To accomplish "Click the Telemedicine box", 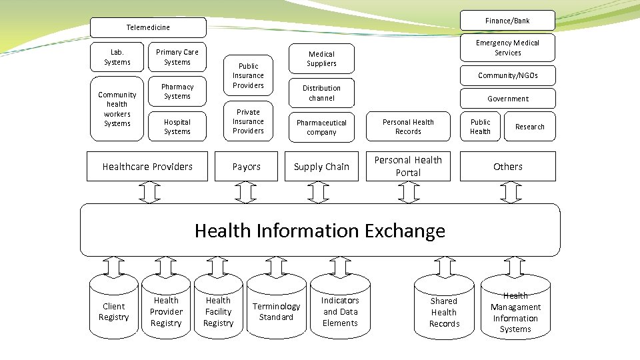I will pyautogui.click(x=148, y=27).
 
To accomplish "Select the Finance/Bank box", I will pyautogui.click(x=507, y=21).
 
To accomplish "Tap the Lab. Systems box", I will pyautogui.click(x=117, y=57).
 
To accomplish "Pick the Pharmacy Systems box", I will pyautogui.click(x=177, y=91).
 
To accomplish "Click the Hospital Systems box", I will pyautogui.click(x=177, y=127).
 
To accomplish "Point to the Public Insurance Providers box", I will pyautogui.click(x=248, y=75).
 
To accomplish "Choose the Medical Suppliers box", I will pyautogui.click(x=321, y=59).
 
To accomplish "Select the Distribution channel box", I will pyautogui.click(x=321, y=93).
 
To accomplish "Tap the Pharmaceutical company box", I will pyautogui.click(x=321, y=127).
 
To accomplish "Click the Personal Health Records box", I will pyautogui.click(x=408, y=127).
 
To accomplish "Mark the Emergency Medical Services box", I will pyautogui.click(x=507, y=47).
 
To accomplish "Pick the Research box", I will pyautogui.click(x=529, y=127).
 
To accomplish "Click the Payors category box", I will pyautogui.click(x=247, y=167).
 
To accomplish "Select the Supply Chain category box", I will pyautogui.click(x=321, y=167).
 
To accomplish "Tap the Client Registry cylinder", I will pyautogui.click(x=113, y=311).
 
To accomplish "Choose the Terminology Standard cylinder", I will pyautogui.click(x=276, y=311).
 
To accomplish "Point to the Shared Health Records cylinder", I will pyautogui.click(x=444, y=312).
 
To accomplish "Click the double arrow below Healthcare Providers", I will pyautogui.click(x=149, y=193).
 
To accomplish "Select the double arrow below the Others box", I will pyautogui.click(x=511, y=193).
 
